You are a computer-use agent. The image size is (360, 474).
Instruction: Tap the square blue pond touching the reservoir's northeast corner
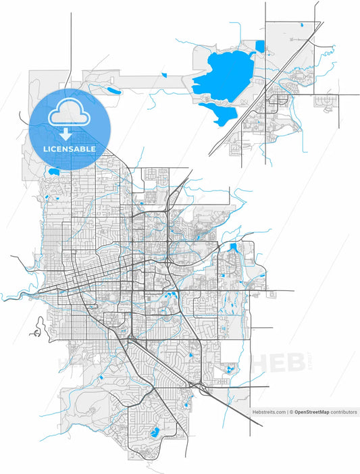pyautogui.click(x=260, y=46)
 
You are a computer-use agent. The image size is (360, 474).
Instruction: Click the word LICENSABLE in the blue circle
pyautogui.click(x=70, y=149)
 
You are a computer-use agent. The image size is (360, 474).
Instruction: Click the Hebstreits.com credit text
pyautogui.click(x=267, y=411)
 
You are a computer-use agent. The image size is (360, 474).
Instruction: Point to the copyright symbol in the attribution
pyautogui.click(x=291, y=411)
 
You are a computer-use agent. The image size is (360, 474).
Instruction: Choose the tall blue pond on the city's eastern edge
pyautogui.click(x=234, y=248)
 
